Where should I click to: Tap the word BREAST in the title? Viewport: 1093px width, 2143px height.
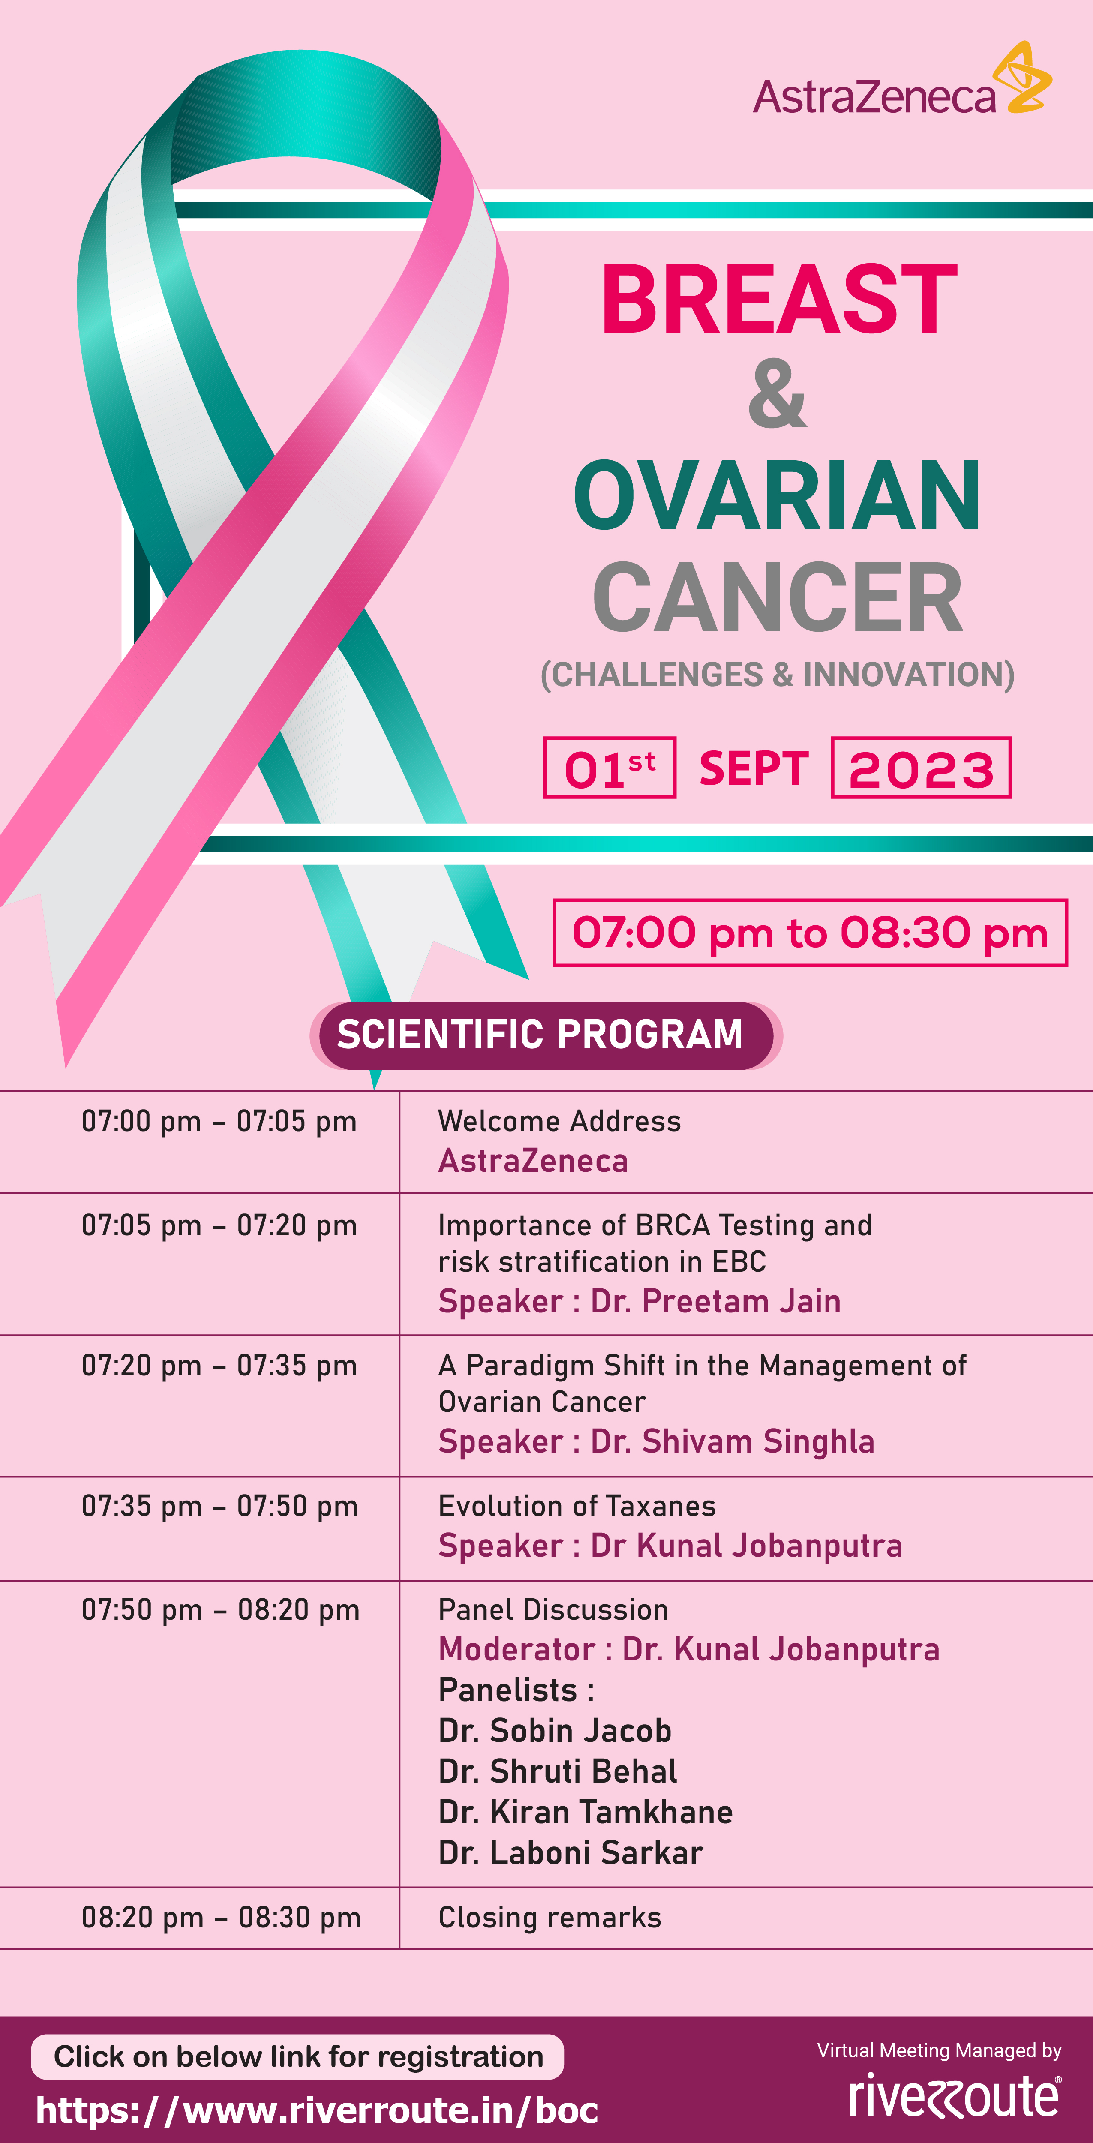tap(779, 300)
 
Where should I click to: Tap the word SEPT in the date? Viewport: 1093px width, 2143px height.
tap(754, 768)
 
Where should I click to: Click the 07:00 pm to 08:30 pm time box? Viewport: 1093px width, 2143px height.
tap(810, 933)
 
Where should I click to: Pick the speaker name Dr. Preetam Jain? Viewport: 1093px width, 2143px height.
tap(715, 1301)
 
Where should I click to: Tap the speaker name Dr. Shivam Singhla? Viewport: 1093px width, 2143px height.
tap(732, 1442)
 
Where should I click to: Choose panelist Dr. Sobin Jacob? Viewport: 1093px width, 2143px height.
tap(555, 1730)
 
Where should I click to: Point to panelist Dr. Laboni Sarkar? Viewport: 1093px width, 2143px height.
tap(571, 1853)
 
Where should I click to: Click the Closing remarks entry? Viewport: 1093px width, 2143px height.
tap(550, 1918)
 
